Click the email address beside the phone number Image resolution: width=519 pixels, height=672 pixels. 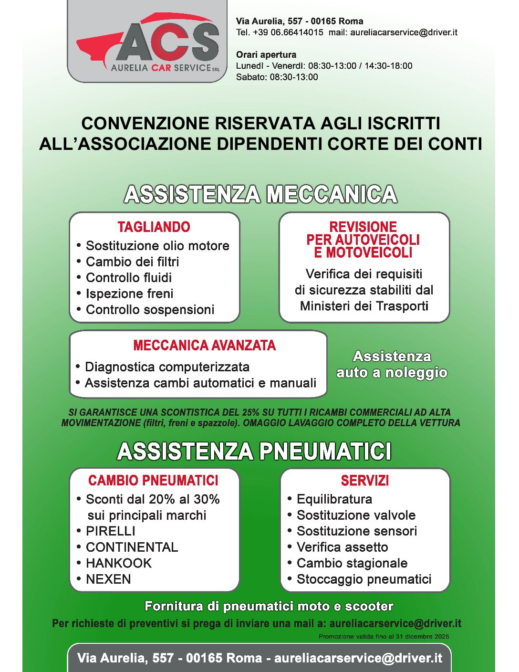coord(404,32)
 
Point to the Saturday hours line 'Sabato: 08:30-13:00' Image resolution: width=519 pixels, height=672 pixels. coord(277,77)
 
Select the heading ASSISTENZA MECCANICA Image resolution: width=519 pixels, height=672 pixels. coord(260,194)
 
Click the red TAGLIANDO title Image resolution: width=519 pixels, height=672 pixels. coord(154,227)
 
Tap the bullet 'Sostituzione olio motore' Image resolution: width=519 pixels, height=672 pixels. coord(157,246)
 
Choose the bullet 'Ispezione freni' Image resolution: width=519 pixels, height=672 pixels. coord(129,294)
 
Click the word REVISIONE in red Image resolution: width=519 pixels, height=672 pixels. coord(363,227)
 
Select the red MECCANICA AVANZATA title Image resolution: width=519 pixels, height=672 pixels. coord(204,346)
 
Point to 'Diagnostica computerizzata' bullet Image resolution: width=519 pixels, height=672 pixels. coord(167,367)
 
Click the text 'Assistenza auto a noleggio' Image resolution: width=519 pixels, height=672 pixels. coord(392,365)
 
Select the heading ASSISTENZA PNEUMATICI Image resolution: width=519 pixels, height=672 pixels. coord(254,451)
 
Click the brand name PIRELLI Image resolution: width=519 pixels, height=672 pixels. coord(110,531)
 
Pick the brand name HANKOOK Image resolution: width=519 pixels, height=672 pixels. coord(118,563)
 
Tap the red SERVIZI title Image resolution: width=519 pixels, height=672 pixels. coord(364,481)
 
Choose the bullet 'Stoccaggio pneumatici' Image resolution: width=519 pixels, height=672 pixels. coord(364,579)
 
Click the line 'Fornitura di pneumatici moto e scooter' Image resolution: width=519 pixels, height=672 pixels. coord(269,606)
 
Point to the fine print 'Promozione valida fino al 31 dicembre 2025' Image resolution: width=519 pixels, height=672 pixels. coord(384,636)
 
